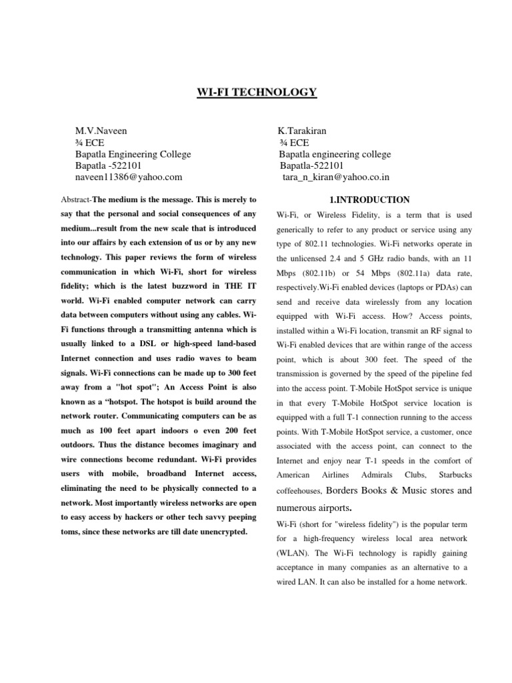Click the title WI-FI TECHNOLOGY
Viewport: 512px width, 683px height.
point(256,92)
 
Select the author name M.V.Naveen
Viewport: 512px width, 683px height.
point(101,131)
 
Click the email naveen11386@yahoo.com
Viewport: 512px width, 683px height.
point(129,177)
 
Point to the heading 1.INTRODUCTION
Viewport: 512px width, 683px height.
point(370,199)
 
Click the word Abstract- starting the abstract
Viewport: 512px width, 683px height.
point(75,199)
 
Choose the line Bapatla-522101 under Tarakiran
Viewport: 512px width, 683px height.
point(311,165)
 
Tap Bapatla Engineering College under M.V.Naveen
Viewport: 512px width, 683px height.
point(133,154)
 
